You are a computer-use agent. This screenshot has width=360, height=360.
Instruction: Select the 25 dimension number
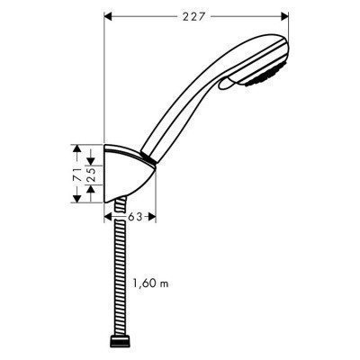tap(93, 172)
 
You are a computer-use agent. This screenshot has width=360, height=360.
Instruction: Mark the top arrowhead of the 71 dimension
tap(78, 146)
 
